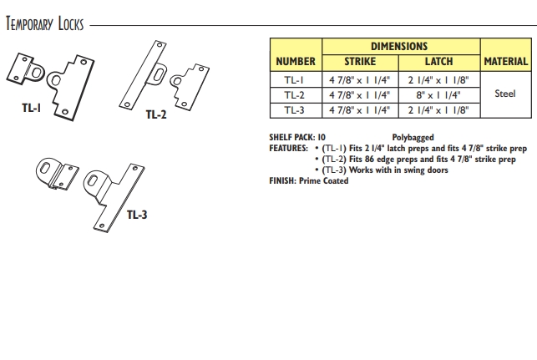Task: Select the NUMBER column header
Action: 295,61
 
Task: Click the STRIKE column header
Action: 359,61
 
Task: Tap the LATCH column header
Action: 438,61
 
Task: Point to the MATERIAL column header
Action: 505,61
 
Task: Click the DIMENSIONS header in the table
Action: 398,47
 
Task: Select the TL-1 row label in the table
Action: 295,79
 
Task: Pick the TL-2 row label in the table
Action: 295,94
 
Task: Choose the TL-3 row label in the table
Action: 295,109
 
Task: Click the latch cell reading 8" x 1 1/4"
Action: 438,94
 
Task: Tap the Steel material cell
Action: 505,94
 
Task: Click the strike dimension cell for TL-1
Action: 359,79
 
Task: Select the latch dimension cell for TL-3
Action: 438,109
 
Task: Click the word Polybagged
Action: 413,137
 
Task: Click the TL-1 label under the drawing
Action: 31,106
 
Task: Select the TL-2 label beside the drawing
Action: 156,114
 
